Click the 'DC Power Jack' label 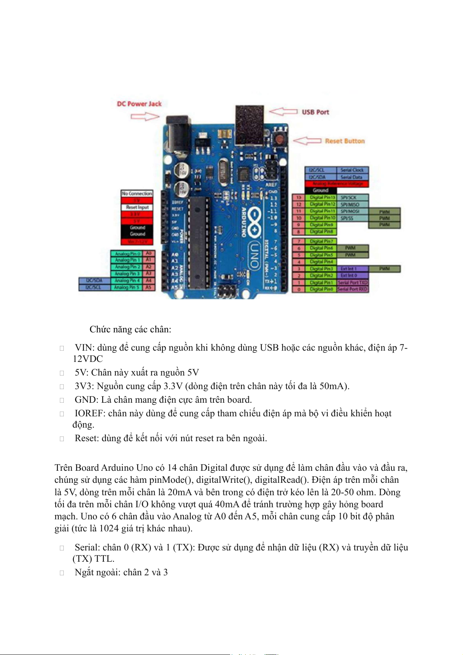139,104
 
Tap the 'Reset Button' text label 345,141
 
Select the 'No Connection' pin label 137,193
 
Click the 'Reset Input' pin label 137,207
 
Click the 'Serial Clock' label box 352,170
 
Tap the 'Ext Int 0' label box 349,275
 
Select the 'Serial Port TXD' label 352,282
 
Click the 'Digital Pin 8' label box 321,232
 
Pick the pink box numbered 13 299,197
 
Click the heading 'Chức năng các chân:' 130,329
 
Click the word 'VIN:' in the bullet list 85,348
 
